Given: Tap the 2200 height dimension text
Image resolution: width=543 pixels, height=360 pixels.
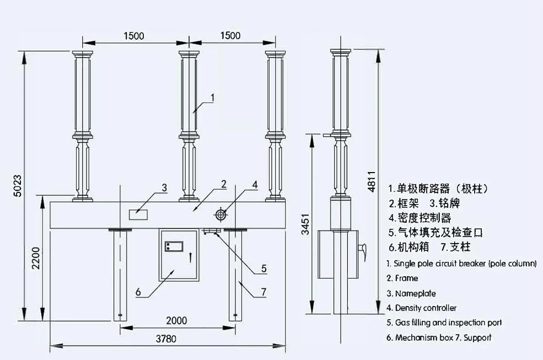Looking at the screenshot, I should coord(36,257).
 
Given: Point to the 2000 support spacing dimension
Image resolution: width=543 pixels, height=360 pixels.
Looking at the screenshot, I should coord(176,320).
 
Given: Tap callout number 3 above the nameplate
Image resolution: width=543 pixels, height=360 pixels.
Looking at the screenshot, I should coord(164,187).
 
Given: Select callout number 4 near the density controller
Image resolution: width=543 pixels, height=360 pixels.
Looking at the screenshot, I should coord(254,185).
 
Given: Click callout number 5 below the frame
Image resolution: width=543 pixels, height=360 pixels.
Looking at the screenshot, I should coord(264,268).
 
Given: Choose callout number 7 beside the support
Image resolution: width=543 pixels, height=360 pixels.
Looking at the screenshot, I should coord(263,291).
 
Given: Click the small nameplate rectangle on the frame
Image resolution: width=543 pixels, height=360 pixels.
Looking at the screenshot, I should coord(138,213).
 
